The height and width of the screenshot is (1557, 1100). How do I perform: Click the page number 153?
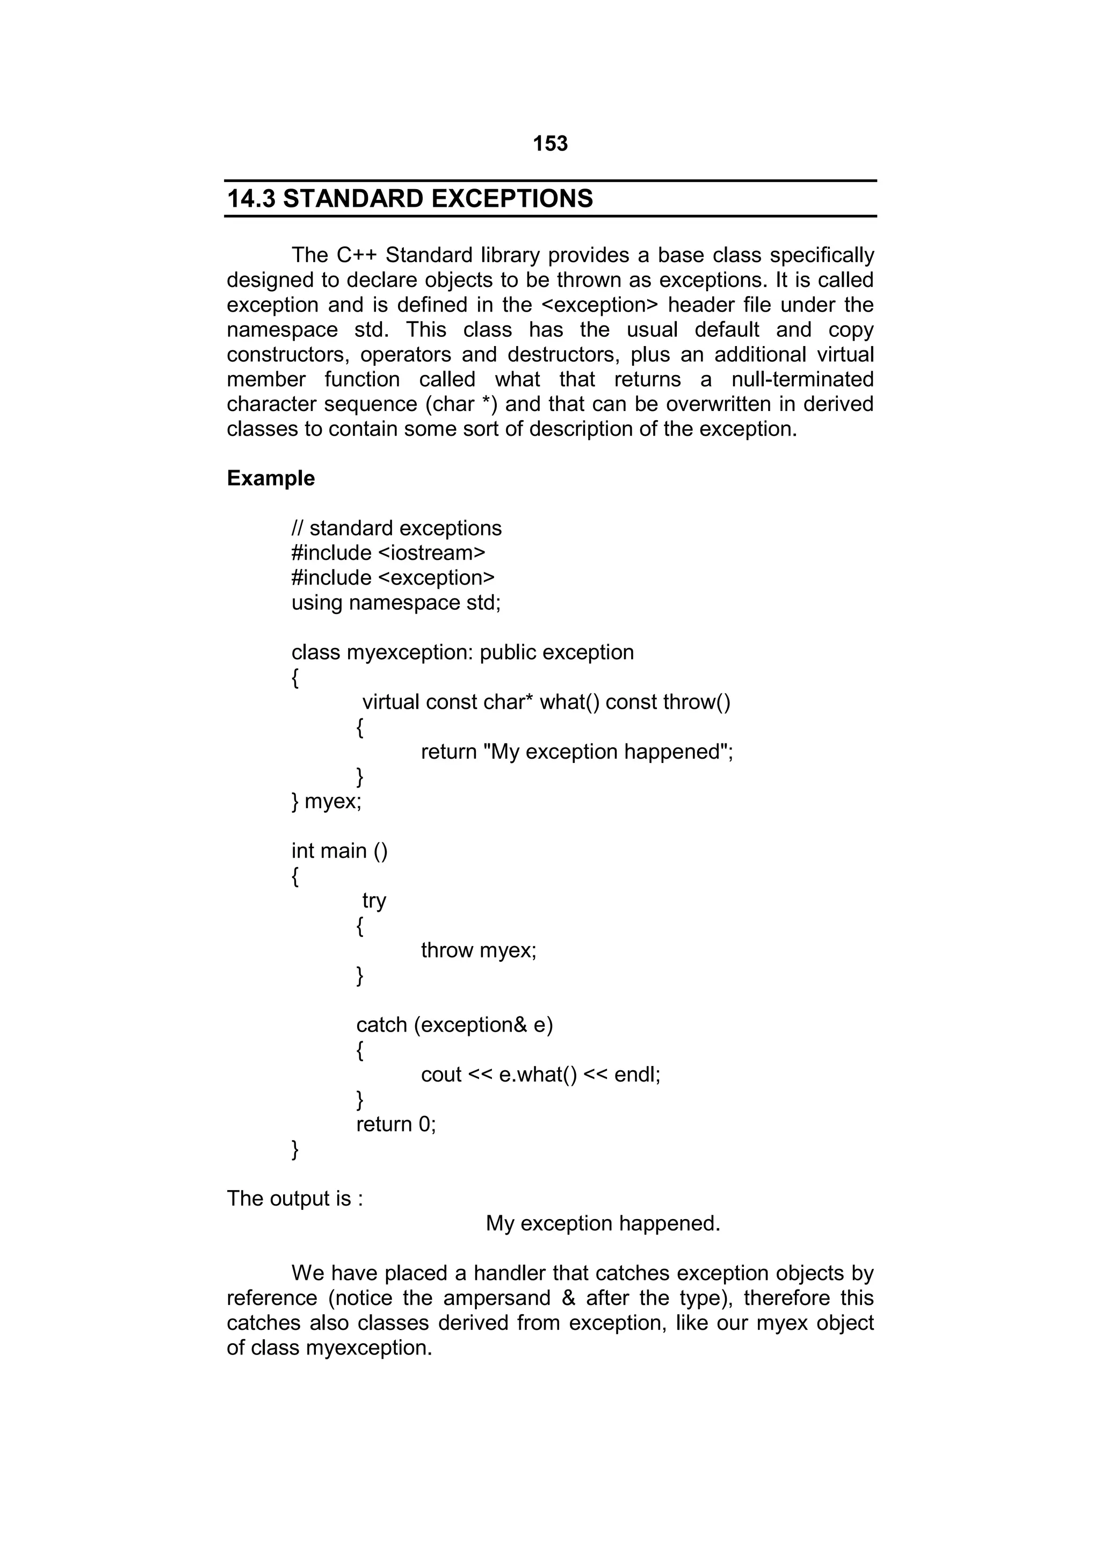point(549,144)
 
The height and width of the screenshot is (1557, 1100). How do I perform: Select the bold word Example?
point(270,478)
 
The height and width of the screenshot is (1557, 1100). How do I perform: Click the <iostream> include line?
point(388,553)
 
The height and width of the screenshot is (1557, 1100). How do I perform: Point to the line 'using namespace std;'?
point(396,602)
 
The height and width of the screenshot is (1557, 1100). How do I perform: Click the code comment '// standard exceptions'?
point(396,528)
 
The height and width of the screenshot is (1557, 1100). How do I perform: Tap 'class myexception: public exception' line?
point(462,652)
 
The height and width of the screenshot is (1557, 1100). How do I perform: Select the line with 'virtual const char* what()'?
point(546,702)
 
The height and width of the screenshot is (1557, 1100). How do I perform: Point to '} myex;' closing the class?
point(326,801)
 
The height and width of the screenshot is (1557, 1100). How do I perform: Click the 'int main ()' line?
point(339,850)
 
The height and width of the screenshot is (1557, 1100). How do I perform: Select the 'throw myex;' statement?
point(479,950)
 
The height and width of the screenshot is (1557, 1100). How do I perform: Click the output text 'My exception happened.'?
point(603,1223)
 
